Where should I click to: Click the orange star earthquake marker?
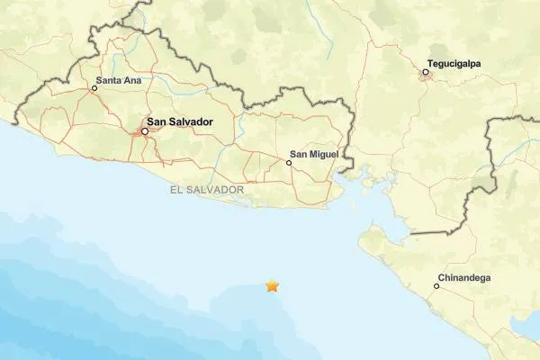click(x=272, y=286)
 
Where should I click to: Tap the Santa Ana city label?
click(x=121, y=81)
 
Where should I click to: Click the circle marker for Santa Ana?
click(x=94, y=88)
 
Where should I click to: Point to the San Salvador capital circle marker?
click(x=144, y=131)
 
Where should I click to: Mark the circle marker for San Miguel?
click(x=289, y=163)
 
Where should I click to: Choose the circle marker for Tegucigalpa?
click(x=426, y=72)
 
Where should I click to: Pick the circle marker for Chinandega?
click(x=436, y=286)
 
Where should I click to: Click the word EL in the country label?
click(x=175, y=191)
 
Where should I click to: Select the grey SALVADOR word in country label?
click(x=215, y=191)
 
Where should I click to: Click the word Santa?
click(x=112, y=81)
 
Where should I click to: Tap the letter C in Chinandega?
click(x=441, y=278)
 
